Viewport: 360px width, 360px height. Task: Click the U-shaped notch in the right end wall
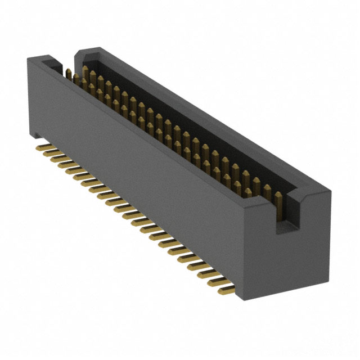pos(284,217)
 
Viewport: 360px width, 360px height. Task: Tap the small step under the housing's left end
pos(35,134)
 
